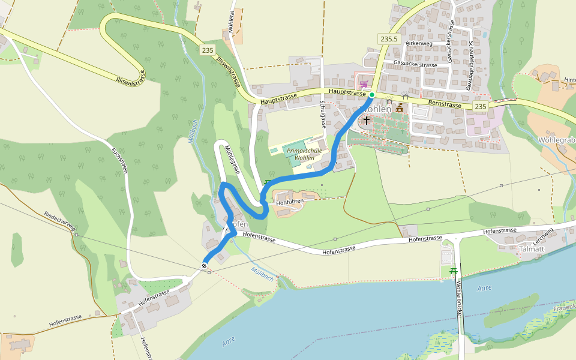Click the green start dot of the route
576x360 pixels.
click(372, 95)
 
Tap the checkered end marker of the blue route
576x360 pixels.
click(205, 266)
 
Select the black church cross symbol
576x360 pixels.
click(366, 121)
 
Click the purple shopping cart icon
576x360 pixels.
click(363, 84)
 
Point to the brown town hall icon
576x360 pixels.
click(399, 107)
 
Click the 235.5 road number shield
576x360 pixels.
click(389, 39)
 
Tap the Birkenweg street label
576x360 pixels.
click(418, 44)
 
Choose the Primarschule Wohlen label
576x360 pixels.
click(305, 155)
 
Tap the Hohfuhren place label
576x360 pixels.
click(290, 202)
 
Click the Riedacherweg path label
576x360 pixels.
click(59, 221)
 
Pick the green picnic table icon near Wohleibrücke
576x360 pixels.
click(452, 272)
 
